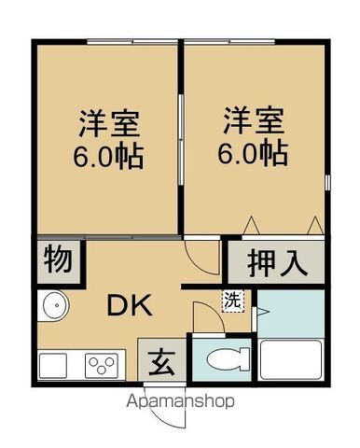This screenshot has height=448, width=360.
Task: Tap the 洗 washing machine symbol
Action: tap(231, 301)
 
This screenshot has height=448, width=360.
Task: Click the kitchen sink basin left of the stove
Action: tap(58, 363)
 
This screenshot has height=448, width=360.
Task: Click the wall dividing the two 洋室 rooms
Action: tap(180, 140)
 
